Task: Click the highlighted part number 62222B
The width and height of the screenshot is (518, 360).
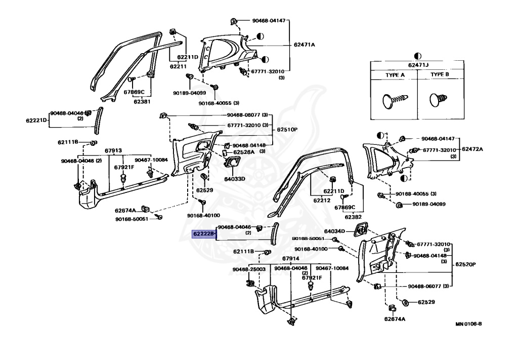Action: (203, 234)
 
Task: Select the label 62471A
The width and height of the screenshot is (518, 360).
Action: (304, 45)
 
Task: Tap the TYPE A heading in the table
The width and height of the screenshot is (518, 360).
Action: (395, 74)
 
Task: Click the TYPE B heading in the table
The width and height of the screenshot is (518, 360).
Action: (440, 74)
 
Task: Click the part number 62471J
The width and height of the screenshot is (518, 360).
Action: (417, 65)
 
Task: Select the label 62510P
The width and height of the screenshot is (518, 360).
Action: (287, 130)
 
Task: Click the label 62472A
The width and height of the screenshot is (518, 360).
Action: (472, 150)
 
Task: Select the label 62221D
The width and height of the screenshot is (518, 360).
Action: (36, 121)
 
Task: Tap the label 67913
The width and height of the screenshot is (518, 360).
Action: (113, 150)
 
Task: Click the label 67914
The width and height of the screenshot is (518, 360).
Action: (291, 259)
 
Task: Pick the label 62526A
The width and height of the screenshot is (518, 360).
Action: (244, 152)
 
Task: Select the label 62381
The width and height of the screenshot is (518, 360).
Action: (142, 101)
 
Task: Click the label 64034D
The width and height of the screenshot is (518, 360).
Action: (335, 231)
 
